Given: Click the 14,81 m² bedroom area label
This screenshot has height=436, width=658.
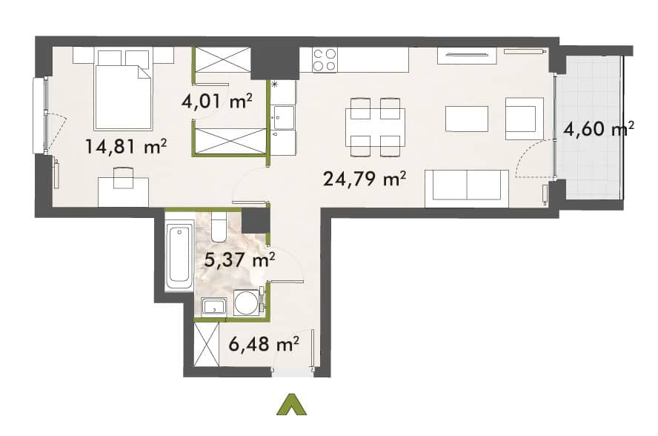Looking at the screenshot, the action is point(126,147).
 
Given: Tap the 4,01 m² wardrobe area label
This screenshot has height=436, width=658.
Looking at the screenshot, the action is point(216,102).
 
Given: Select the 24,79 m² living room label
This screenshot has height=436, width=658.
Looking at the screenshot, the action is point(365,179).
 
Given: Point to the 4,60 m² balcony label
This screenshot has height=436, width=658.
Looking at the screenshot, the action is point(599,128).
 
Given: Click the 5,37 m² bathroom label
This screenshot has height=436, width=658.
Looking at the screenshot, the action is point(239,260).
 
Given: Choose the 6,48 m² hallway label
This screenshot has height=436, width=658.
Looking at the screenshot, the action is point(264,344).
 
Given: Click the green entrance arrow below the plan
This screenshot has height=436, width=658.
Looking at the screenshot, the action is point(292,405).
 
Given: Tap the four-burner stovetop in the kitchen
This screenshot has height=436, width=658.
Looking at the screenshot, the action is point(325,59).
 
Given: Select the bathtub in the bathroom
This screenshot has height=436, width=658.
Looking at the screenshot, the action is point(179,257).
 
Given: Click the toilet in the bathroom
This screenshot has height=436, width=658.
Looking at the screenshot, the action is point(219,227).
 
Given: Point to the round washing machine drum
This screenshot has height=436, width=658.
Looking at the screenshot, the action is point(245,303).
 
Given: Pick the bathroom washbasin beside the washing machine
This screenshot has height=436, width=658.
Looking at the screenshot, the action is point(214,308).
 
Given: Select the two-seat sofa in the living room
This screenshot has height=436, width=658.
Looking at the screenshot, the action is point(467,188).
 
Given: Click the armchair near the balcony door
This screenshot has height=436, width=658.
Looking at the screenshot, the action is point(524,119).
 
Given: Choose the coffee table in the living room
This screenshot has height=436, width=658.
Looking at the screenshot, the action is point(467,119).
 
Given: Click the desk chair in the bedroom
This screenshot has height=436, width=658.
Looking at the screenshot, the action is point(123,177).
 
